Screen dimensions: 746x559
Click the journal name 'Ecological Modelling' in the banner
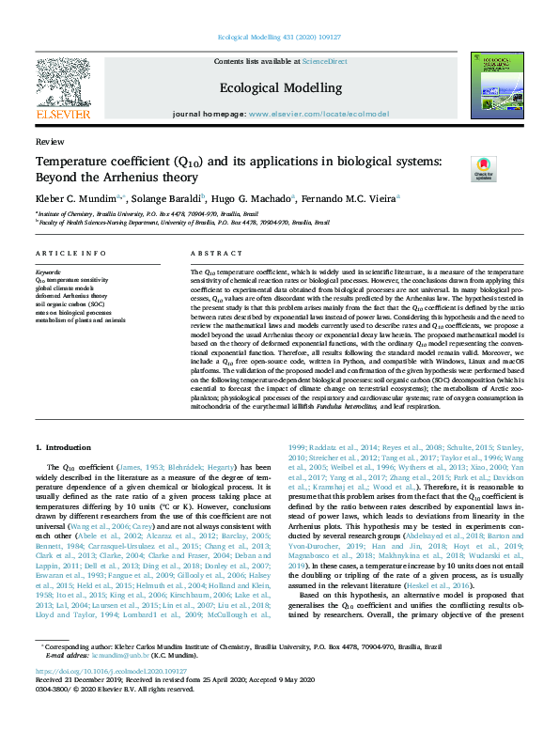[x=280, y=87]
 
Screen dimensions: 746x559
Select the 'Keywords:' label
[x=47, y=272]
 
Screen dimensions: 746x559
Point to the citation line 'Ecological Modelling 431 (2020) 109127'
[x=280, y=39]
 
